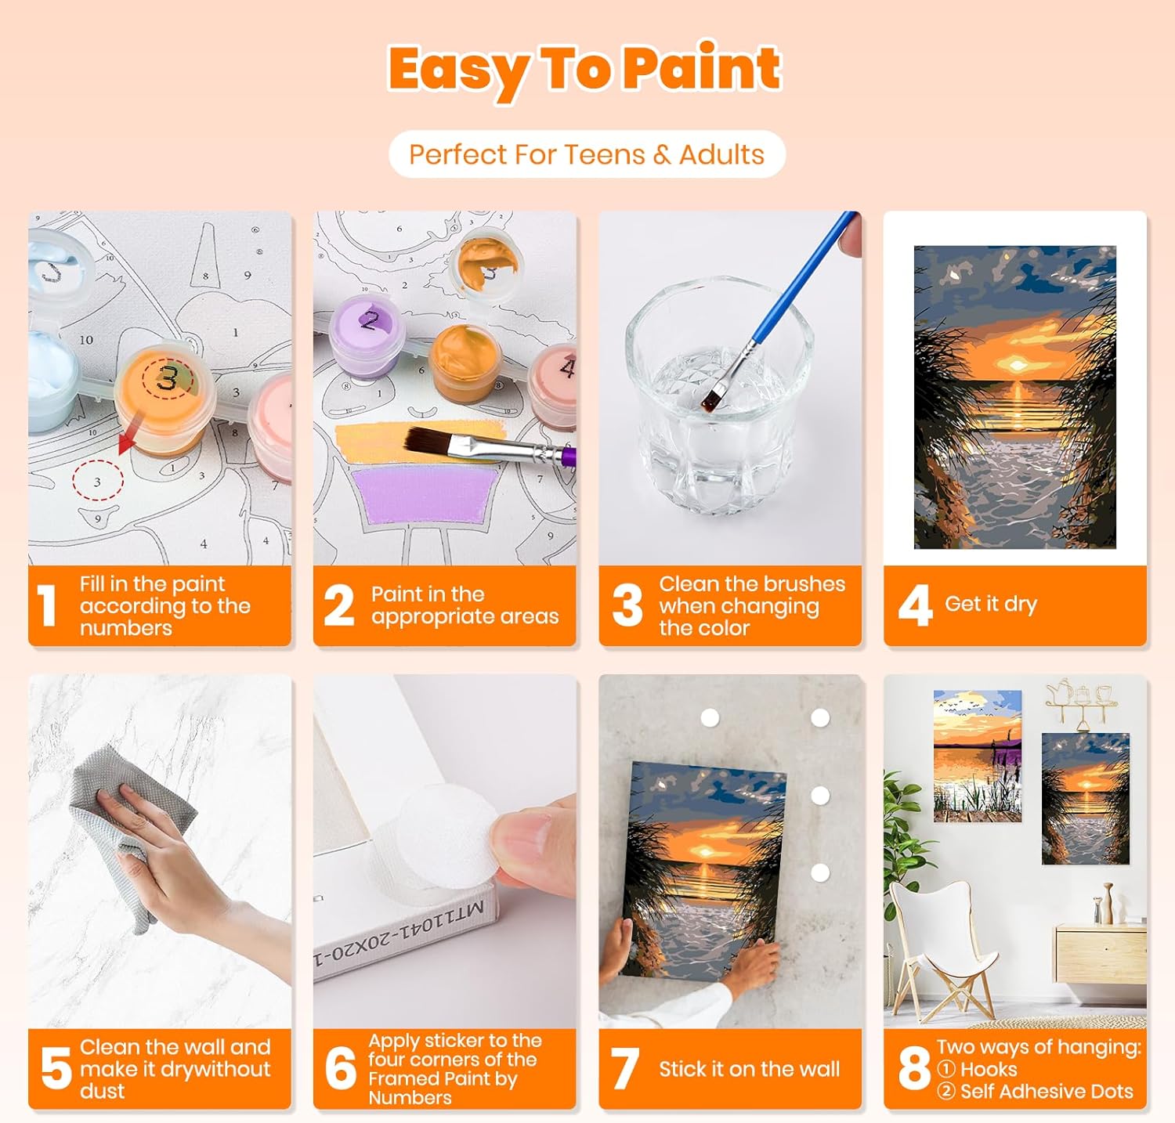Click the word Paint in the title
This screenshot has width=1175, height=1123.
[703, 68]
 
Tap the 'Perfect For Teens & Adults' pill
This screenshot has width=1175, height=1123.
[587, 154]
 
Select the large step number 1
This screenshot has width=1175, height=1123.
[48, 606]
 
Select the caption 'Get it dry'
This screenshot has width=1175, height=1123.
[991, 604]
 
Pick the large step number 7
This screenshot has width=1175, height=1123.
[625, 1069]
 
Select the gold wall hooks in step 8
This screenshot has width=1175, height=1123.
[1079, 702]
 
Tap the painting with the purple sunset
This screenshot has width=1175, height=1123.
[978, 756]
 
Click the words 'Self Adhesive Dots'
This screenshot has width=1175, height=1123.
[1047, 1091]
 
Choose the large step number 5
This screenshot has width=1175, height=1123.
[56, 1069]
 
